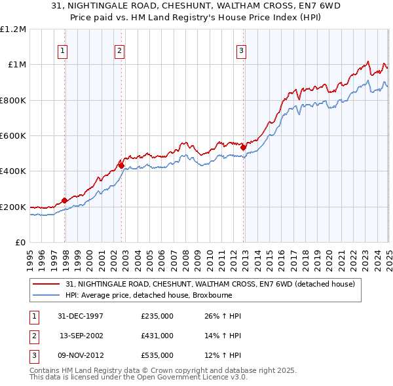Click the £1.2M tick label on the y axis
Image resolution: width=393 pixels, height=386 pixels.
click(13, 29)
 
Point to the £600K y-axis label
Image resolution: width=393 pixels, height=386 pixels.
click(13, 136)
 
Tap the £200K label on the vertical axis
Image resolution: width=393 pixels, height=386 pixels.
click(13, 207)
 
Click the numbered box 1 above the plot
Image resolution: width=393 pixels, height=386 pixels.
click(62, 50)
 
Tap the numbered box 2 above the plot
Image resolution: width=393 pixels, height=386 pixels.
click(120, 50)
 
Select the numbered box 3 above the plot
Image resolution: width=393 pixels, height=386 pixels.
click(241, 50)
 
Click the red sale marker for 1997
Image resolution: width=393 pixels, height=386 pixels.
click(65, 201)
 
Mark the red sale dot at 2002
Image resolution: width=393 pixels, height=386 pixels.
click(121, 166)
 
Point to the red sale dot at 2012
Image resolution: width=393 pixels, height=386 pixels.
click(243, 147)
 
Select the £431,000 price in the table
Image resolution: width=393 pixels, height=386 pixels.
click(157, 336)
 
